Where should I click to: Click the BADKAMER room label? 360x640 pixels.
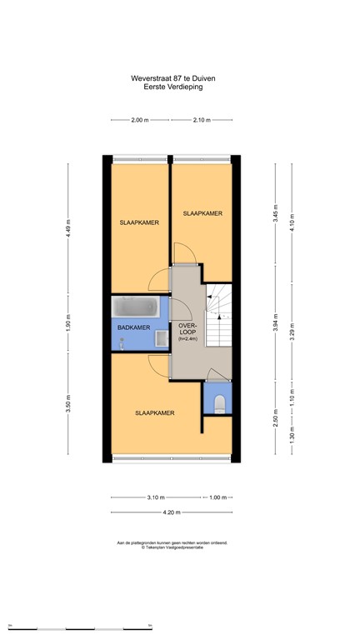click(133, 327)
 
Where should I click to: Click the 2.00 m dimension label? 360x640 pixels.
click(139, 120)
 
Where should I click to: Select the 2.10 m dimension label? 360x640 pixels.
click(201, 120)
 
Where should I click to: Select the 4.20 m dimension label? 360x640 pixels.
click(172, 512)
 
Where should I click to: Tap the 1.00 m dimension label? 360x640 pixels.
click(217, 497)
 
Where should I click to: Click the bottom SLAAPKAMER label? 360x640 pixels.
click(155, 412)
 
